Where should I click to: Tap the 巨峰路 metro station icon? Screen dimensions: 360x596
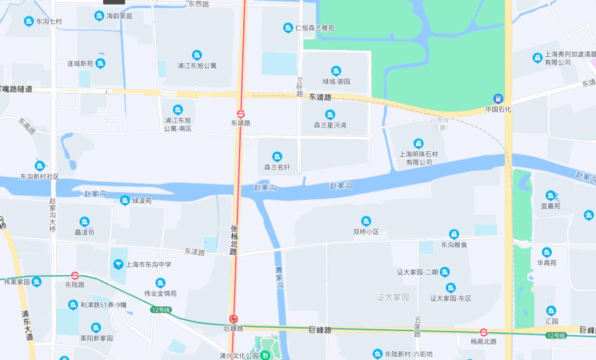[234, 319]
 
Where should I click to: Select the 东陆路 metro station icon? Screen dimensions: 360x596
[75, 275]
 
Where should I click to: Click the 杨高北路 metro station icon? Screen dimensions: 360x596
[483, 332]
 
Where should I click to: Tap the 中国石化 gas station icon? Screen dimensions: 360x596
[498, 99]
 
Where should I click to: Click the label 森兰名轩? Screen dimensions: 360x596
[277, 167]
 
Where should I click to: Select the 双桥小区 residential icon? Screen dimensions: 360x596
[366, 221]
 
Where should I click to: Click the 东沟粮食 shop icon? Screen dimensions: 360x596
[454, 234]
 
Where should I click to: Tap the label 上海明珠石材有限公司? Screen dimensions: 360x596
[419, 158]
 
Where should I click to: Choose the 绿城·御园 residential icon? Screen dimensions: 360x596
[336, 71]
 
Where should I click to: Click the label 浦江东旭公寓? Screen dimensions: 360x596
[197, 66]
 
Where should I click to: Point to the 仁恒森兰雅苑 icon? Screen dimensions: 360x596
[288, 28]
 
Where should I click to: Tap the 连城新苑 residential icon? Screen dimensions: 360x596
[100, 63]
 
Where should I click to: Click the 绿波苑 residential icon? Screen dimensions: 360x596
[125, 200]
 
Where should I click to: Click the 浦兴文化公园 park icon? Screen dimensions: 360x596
[265, 356]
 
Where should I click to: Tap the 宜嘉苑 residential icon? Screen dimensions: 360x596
[550, 195]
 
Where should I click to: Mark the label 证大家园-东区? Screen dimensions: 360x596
[451, 298]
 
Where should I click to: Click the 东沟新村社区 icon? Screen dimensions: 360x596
[40, 166]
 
